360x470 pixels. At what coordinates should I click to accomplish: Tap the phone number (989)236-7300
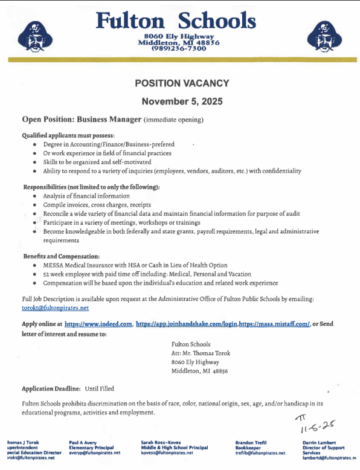(179, 48)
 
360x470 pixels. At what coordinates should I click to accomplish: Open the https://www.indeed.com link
(98, 324)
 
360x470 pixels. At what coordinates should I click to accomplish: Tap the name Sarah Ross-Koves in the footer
(161, 443)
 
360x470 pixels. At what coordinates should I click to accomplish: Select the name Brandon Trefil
(251, 443)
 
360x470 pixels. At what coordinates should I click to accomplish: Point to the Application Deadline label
(51, 388)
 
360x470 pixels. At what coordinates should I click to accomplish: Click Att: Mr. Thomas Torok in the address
(201, 353)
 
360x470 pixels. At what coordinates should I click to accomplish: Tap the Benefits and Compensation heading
(61, 256)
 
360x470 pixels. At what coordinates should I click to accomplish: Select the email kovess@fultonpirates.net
(167, 452)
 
